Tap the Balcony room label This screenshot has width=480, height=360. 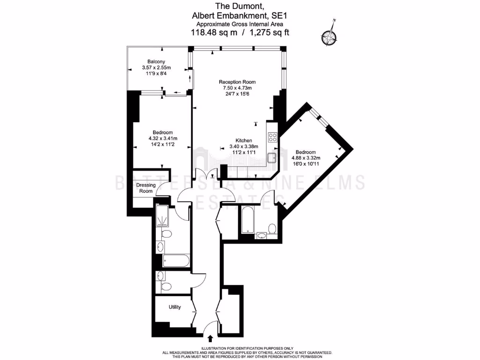coord(156,62)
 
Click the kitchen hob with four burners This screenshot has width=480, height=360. coord(273,137)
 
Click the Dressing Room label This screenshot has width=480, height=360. coord(145,188)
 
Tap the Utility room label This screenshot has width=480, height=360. coord(175,307)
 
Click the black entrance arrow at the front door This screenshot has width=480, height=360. coord(210,337)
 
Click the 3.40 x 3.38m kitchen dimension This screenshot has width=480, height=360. coord(244,146)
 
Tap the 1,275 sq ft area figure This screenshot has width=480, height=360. coord(270,32)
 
